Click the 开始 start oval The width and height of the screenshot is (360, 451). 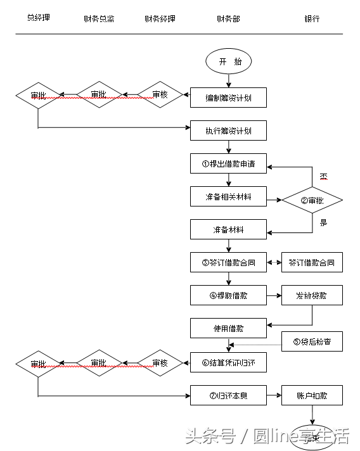coord(229,61)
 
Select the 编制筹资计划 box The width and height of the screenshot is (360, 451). coord(228,98)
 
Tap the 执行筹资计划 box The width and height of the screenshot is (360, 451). coord(228,131)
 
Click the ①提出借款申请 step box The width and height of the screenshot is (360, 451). coord(228,163)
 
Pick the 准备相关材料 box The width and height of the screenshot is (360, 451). coord(228,196)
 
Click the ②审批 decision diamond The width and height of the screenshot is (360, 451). coord(312,201)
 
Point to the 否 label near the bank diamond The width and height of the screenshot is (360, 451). coord(323,177)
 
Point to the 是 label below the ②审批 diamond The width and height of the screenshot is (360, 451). coord(323,222)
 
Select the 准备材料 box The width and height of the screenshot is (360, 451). coord(228,229)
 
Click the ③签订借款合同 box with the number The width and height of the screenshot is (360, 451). coord(228,262)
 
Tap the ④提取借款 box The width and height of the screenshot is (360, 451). coord(228,295)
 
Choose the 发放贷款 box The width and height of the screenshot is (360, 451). coord(312,295)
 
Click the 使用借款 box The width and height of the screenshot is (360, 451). coord(228,328)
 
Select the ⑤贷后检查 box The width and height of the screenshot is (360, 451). coord(312,342)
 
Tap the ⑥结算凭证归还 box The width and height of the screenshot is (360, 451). coord(228,363)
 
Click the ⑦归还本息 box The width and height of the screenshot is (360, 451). coord(228,396)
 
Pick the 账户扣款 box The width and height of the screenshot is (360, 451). coord(312,396)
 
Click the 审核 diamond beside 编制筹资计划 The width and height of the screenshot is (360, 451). coord(160,95)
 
